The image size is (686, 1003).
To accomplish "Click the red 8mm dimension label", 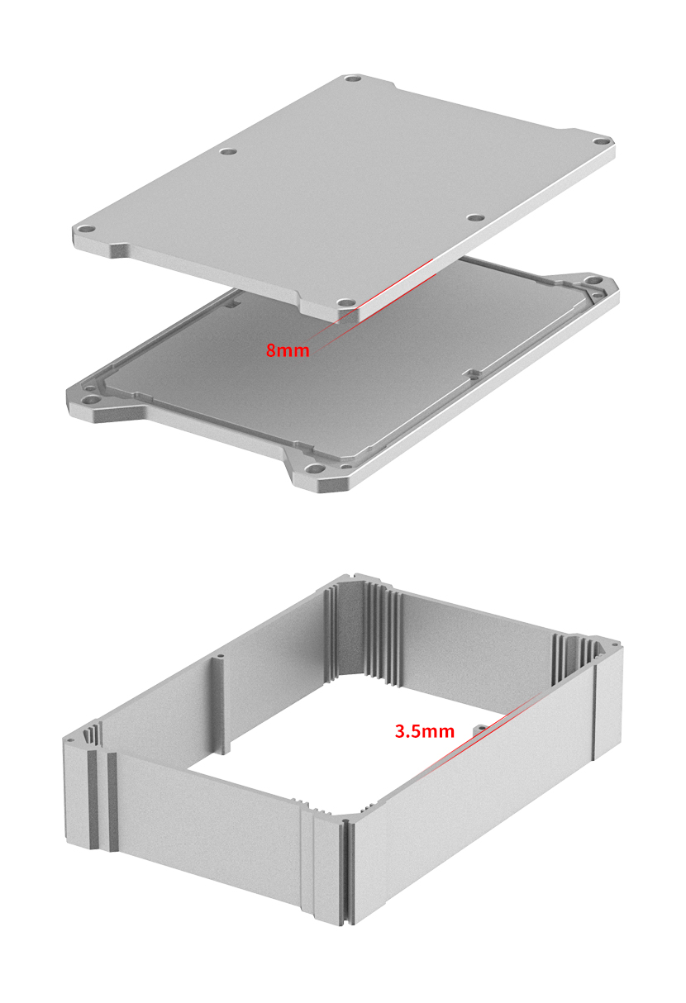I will [x=287, y=350].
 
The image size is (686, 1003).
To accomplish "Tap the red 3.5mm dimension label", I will [x=424, y=731].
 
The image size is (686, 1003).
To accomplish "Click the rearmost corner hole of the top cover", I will [x=353, y=81].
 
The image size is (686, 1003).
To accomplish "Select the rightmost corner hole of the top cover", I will [x=598, y=140].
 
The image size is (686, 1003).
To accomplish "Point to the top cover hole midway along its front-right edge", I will [x=474, y=218].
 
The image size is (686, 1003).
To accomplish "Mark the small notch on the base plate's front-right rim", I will [x=472, y=373].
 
